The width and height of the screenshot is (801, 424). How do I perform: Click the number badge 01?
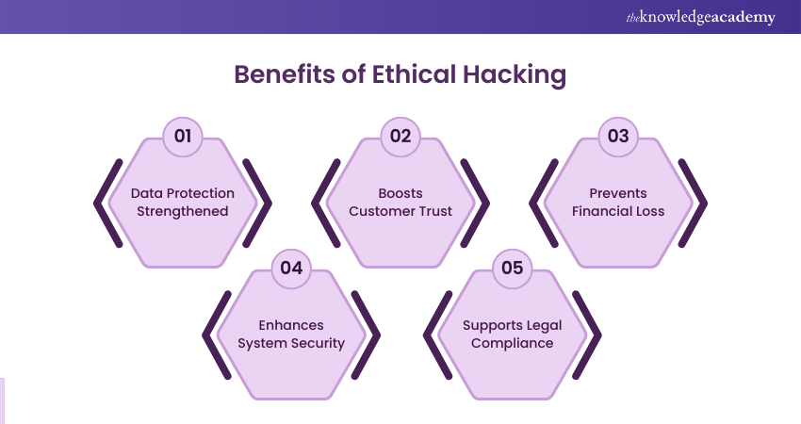click(183, 136)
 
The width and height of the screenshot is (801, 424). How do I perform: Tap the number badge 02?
click(400, 136)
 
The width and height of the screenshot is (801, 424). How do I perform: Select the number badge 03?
click(618, 136)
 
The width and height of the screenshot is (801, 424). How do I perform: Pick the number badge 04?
click(291, 268)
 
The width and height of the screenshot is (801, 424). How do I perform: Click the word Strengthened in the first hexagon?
click(183, 211)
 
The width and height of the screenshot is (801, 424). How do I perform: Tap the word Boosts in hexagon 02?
click(400, 193)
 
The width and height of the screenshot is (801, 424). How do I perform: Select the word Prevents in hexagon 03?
click(618, 193)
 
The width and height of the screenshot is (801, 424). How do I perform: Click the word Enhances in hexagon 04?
click(291, 325)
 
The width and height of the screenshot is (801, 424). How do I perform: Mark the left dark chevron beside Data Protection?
click(102, 202)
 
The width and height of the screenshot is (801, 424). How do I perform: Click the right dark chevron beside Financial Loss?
click(699, 202)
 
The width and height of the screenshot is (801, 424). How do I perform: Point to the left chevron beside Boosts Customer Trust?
click(319, 202)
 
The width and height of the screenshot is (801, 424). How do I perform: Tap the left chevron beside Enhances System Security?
click(210, 334)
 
